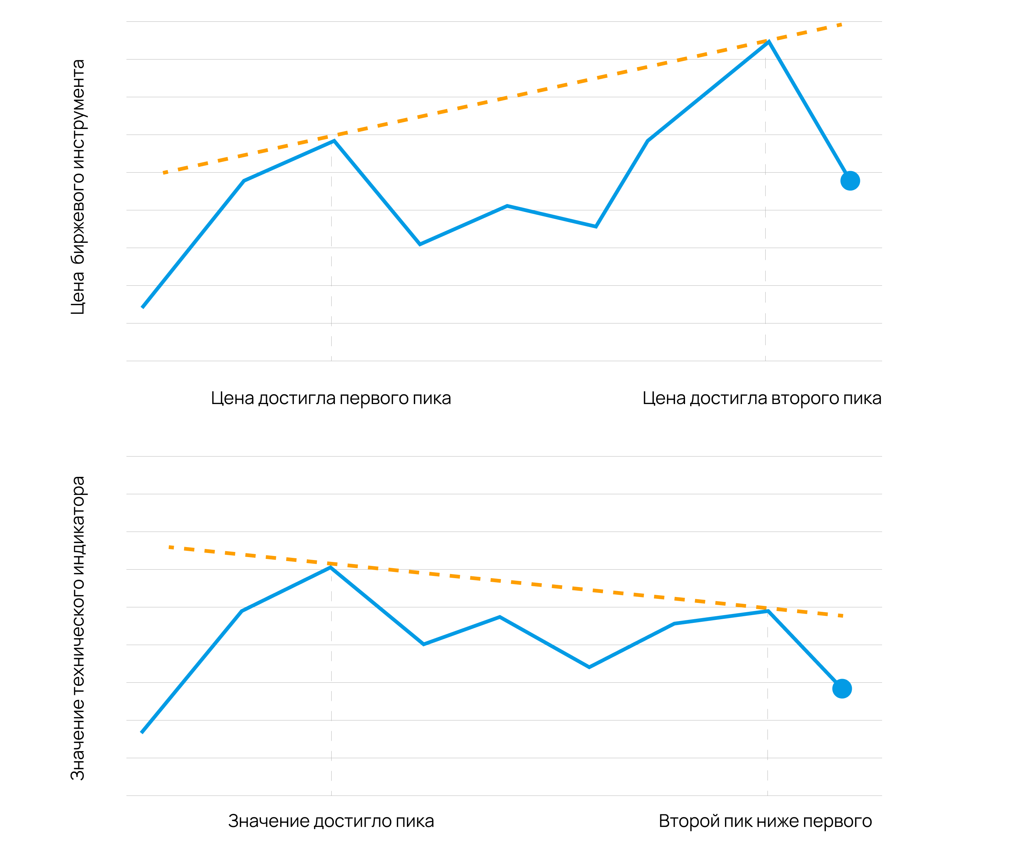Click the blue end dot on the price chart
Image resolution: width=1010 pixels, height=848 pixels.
coord(850,181)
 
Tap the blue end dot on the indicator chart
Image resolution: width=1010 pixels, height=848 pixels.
coord(842,688)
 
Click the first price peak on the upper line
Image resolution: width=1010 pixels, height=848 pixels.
coord(334,141)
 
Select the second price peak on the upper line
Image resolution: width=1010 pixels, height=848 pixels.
coord(769,42)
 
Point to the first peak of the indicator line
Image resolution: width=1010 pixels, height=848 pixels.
coord(331,567)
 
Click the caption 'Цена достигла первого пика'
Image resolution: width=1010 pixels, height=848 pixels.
coord(331,398)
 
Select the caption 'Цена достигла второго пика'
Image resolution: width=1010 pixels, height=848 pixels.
coord(762,398)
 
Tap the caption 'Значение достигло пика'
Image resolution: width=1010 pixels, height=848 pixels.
coord(331,821)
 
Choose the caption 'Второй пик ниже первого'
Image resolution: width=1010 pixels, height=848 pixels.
coord(765,821)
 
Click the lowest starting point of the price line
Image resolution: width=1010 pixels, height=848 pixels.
coord(142,307)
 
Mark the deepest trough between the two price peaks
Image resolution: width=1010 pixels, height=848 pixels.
coord(420,244)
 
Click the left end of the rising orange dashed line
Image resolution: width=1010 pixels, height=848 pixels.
coord(164,173)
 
